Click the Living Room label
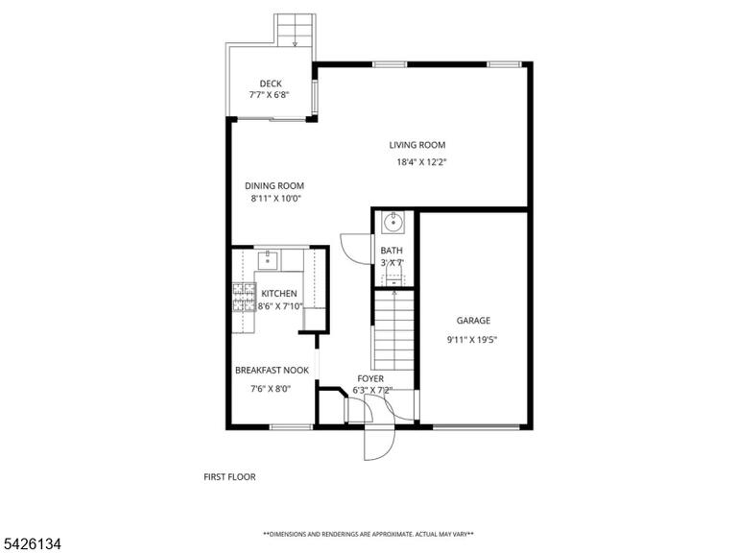(x=416, y=145)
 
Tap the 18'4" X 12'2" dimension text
(x=421, y=162)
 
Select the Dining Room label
(x=274, y=185)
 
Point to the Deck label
(x=271, y=84)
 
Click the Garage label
(x=473, y=321)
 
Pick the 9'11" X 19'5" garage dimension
(x=472, y=340)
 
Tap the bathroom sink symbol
(x=392, y=223)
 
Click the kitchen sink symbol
(x=268, y=259)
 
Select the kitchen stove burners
(x=245, y=298)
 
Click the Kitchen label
(x=279, y=294)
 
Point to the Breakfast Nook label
(x=273, y=371)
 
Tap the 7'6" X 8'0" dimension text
(x=271, y=389)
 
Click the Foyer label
(x=370, y=378)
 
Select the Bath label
(x=392, y=251)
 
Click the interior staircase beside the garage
(x=393, y=330)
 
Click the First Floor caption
(x=229, y=477)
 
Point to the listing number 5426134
(x=31, y=544)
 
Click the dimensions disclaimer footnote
(x=368, y=534)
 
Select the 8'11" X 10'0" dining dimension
(x=276, y=199)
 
